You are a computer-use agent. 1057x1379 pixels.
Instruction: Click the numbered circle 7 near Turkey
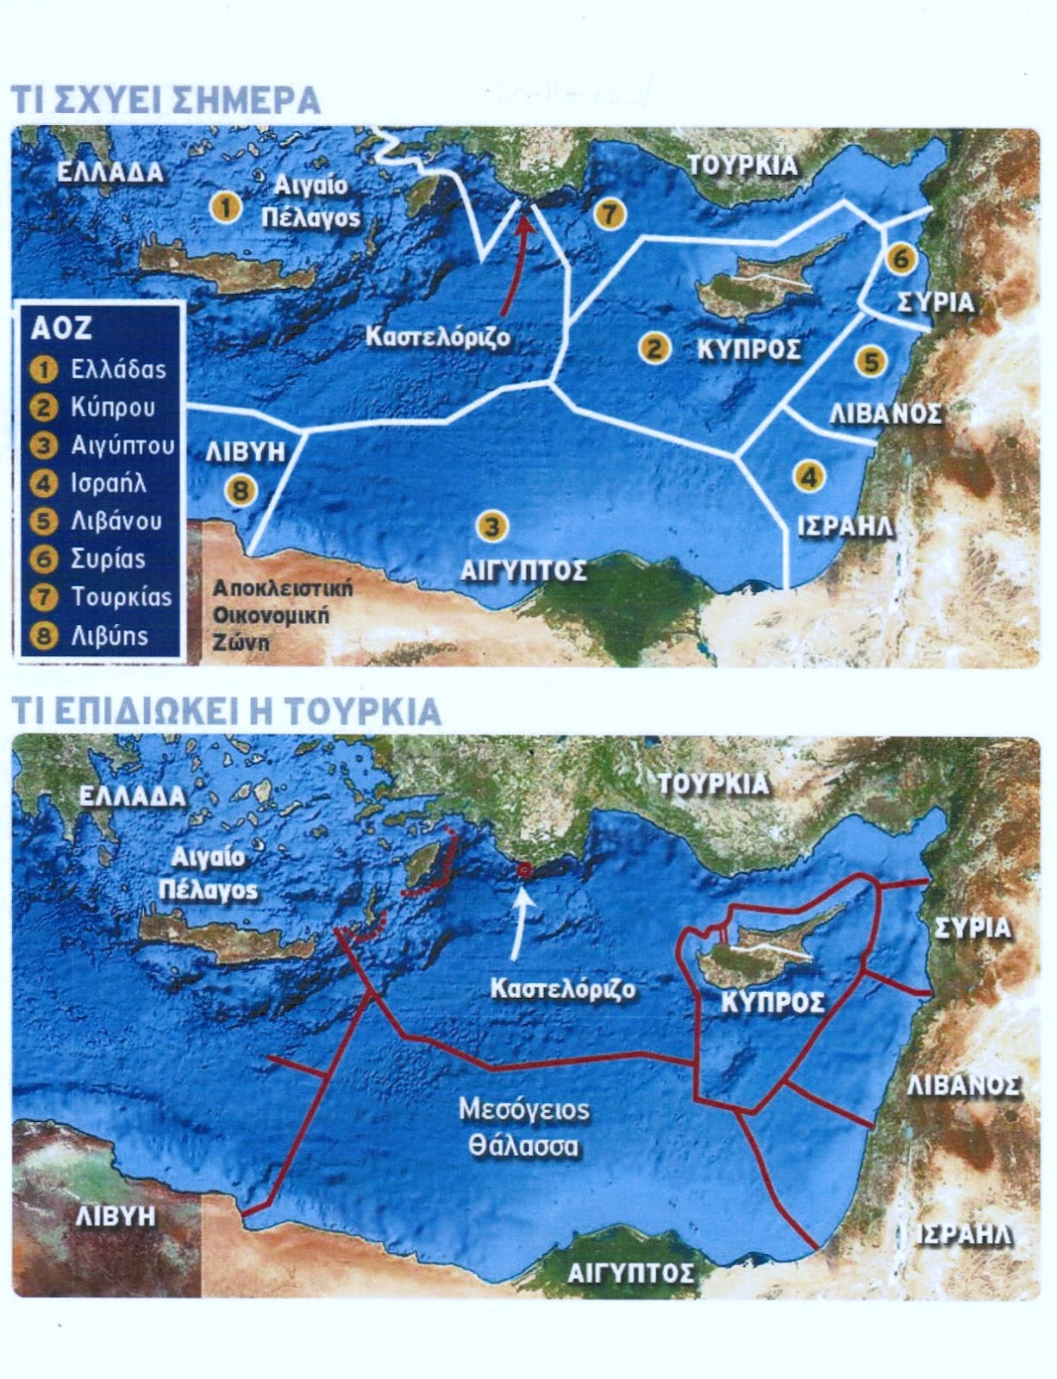[610, 213]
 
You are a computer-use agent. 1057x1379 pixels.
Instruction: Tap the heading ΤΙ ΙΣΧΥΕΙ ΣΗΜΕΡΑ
[165, 100]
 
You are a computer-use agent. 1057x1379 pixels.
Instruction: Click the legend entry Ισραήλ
[108, 483]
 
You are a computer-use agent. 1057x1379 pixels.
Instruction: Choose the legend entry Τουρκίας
[121, 596]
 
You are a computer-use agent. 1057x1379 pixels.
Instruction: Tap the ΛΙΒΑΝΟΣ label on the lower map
[964, 1085]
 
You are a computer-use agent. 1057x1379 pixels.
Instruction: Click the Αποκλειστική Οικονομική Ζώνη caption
[283, 616]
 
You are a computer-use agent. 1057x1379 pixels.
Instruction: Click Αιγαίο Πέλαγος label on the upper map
[310, 202]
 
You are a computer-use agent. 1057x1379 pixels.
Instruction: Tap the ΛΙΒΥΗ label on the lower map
[116, 1215]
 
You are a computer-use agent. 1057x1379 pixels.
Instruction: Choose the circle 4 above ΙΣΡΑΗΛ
[808, 476]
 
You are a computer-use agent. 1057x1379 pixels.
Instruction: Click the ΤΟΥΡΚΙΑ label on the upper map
[742, 165]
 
